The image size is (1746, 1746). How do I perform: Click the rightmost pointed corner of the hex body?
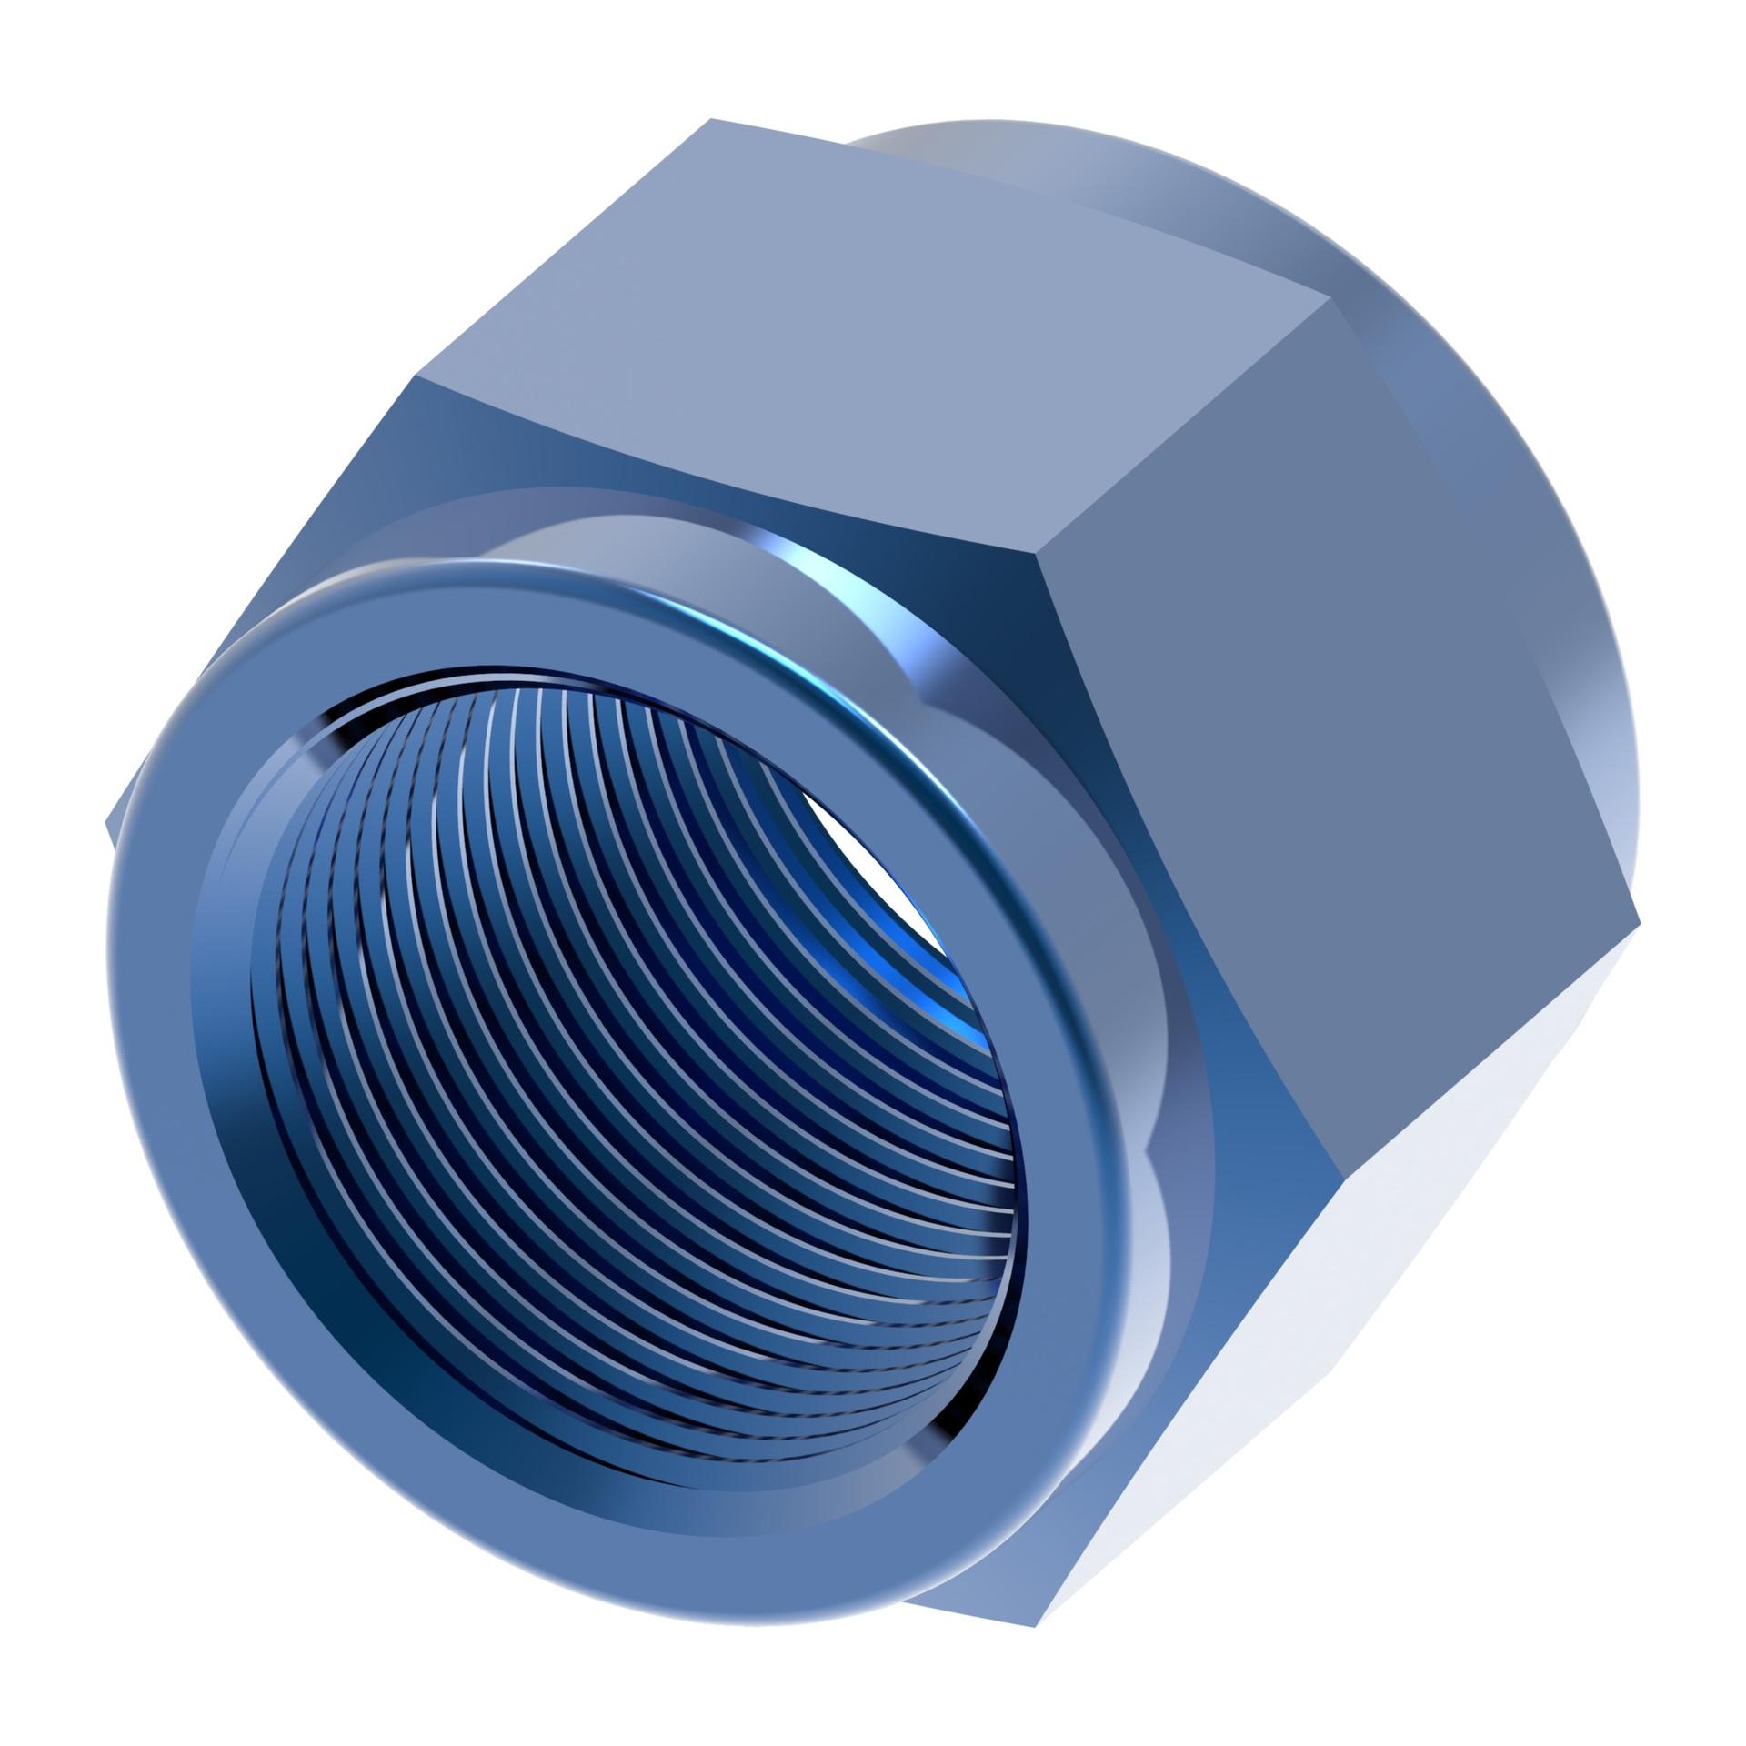point(1639,926)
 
